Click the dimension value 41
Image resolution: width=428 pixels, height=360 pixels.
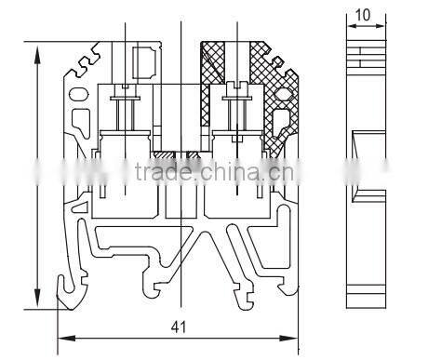tap(177, 327)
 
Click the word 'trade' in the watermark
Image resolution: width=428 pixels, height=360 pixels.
tap(160, 171)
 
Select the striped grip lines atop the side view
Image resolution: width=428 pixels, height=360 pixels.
tap(363, 56)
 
